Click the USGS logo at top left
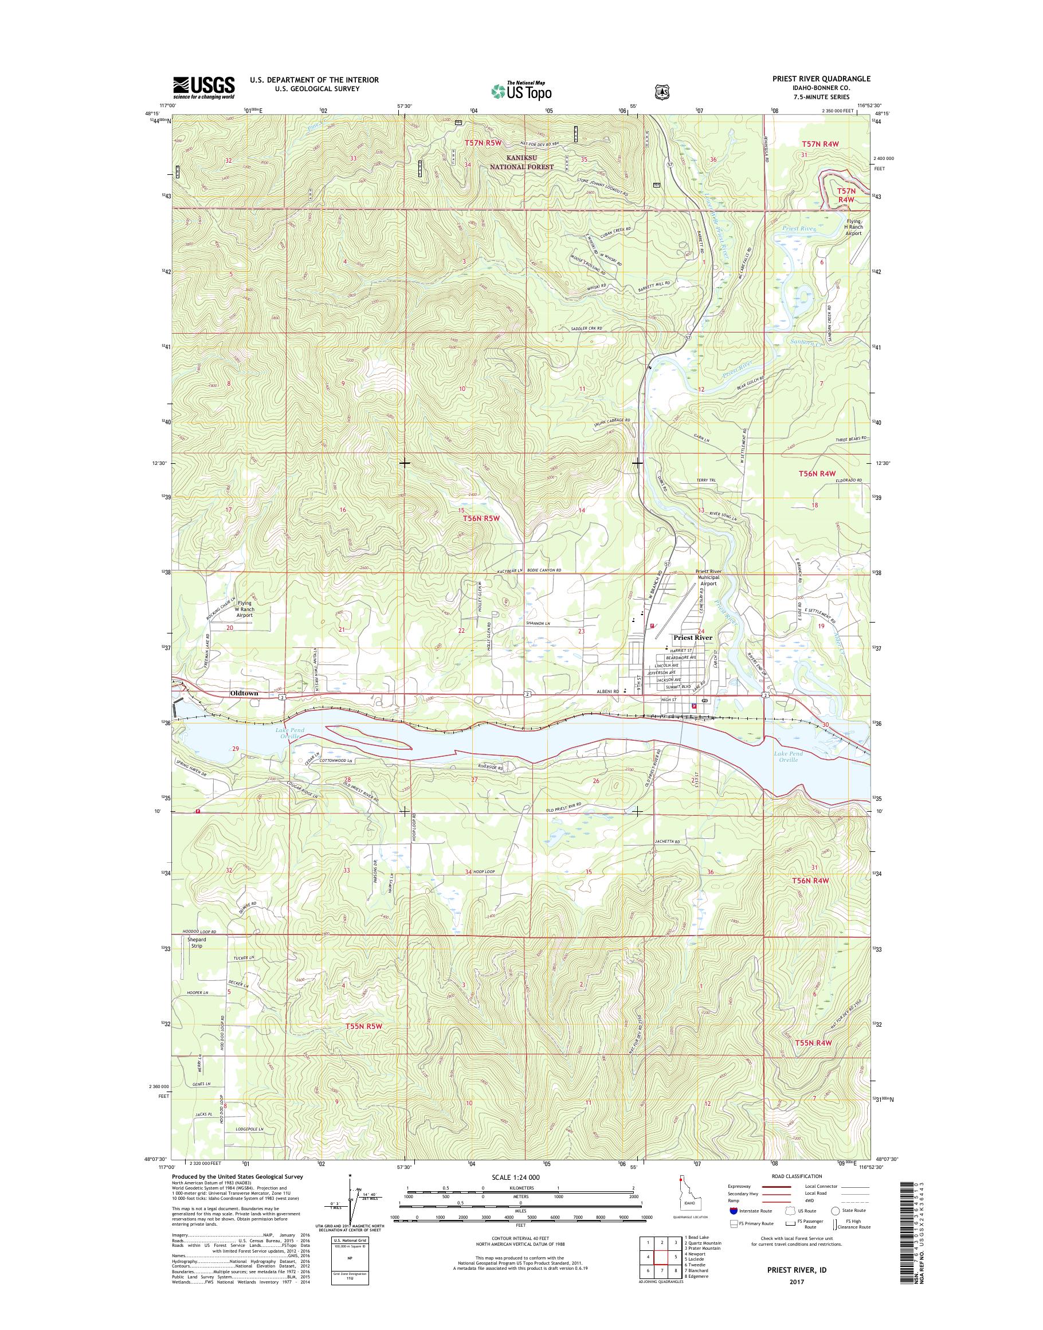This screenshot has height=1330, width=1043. (x=203, y=87)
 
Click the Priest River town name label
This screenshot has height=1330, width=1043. (x=692, y=637)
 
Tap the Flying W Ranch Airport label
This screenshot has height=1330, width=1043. (x=244, y=609)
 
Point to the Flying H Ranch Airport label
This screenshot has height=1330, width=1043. (x=853, y=226)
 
